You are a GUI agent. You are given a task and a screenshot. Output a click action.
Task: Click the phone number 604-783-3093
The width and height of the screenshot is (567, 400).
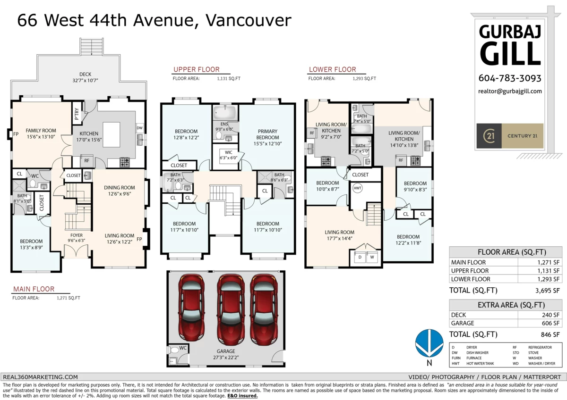(510, 78)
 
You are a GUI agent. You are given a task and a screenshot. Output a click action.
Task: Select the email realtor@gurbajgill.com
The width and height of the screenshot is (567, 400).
(510, 92)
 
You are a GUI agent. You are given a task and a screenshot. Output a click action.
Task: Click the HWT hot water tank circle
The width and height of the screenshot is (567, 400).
(358, 188)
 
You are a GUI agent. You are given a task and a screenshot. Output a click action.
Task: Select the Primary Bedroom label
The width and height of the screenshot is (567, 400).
(267, 134)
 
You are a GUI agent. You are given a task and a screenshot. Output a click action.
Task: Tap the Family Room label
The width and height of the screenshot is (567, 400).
(41, 131)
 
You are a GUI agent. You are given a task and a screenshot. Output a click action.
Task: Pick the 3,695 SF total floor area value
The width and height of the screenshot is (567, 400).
(550, 291)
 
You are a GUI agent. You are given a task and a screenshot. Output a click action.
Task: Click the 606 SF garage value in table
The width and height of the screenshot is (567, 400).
(552, 323)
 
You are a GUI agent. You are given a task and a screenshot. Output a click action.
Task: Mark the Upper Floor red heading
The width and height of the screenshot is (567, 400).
(196, 69)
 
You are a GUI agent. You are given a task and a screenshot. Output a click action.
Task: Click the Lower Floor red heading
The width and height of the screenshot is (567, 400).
(332, 69)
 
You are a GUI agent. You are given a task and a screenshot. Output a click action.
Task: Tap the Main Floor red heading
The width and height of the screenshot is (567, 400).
(34, 289)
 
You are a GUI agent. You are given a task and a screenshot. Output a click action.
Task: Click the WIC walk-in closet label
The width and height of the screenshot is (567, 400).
(228, 152)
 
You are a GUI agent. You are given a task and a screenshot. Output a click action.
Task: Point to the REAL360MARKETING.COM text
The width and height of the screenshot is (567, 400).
(40, 377)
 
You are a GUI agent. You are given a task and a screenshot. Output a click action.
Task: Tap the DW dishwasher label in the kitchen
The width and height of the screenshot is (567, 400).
(139, 128)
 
